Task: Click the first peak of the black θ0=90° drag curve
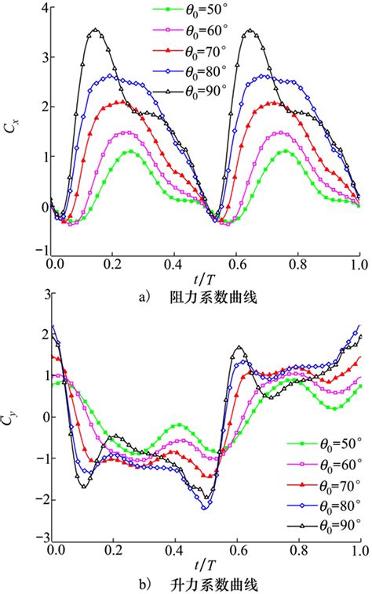96,31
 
